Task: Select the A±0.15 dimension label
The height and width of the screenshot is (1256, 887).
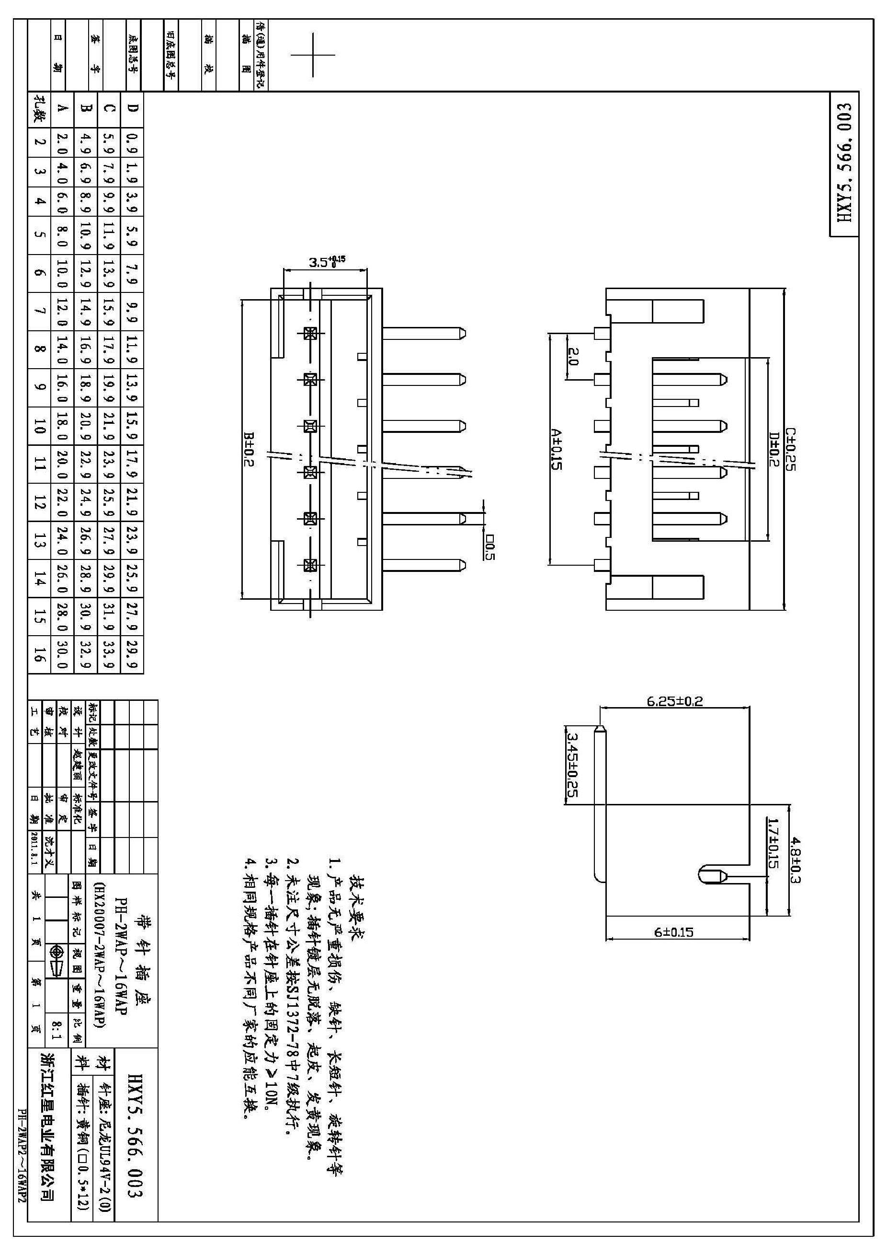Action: pyautogui.click(x=557, y=449)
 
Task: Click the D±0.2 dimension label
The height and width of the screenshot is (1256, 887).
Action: pyautogui.click(x=774, y=449)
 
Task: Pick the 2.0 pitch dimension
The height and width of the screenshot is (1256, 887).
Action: pyautogui.click(x=573, y=356)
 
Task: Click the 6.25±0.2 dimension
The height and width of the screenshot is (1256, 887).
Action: pyautogui.click(x=674, y=701)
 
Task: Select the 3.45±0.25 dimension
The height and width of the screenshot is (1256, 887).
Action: pyautogui.click(x=572, y=765)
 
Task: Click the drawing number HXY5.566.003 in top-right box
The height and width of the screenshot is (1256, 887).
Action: pyautogui.click(x=844, y=163)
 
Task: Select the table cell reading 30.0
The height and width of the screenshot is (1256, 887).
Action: pyautogui.click(x=62, y=654)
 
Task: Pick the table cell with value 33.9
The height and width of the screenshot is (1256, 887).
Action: pyautogui.click(x=108, y=654)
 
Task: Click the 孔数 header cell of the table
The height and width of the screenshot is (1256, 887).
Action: pyautogui.click(x=39, y=108)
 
